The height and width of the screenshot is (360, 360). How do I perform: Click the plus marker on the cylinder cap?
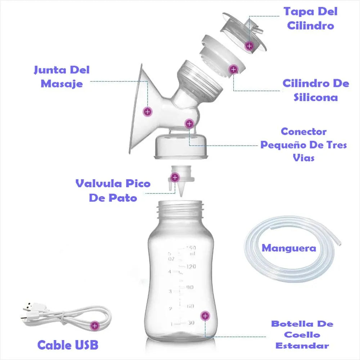[x=249, y=46]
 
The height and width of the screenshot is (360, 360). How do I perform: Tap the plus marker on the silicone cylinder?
[x=234, y=69]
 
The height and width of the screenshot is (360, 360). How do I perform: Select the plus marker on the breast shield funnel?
[x=147, y=112]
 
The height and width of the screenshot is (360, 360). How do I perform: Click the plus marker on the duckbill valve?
[x=175, y=177]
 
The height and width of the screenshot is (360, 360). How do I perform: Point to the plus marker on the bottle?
[x=205, y=316]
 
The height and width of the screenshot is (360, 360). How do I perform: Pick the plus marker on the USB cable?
[x=95, y=325]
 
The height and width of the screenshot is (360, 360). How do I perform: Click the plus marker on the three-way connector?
[x=189, y=124]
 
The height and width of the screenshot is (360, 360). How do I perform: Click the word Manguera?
[x=289, y=248]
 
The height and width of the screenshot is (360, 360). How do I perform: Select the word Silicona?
[x=316, y=98]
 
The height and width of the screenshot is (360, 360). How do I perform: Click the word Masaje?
[x=62, y=84]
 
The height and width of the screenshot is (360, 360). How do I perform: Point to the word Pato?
[x=123, y=198]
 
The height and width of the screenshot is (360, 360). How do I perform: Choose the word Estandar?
[x=302, y=346]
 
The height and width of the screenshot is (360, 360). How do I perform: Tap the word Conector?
[x=303, y=132]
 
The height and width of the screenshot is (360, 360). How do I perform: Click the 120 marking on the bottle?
[x=191, y=266]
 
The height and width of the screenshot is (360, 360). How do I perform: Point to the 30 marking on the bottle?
[x=191, y=323]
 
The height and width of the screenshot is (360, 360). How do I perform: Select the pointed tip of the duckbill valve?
[x=181, y=196]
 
